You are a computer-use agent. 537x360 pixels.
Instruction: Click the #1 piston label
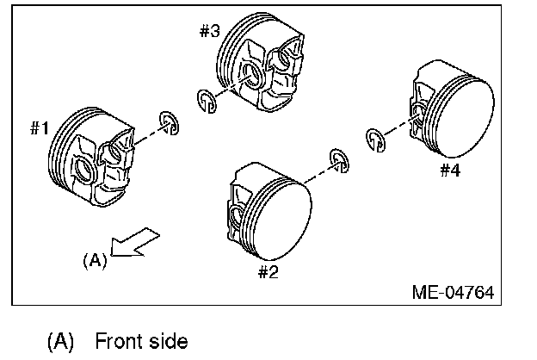40,129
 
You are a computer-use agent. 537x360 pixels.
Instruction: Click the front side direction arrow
136,243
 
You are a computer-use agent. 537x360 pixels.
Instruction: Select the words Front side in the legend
141,341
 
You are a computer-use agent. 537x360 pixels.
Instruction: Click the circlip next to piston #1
169,122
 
